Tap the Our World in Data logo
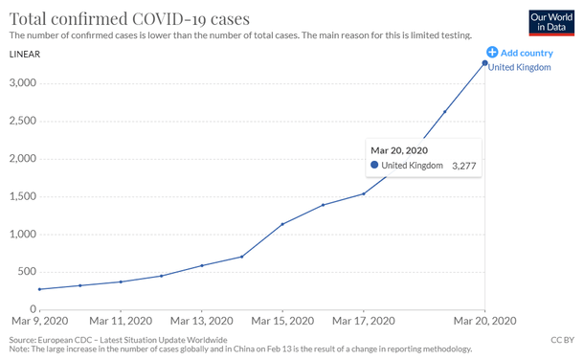coord(550,23)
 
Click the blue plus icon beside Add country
coord(492,53)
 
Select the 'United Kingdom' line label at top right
coord(520,67)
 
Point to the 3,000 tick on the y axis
coord(23,83)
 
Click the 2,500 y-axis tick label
coord(23,122)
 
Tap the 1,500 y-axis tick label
coord(23,197)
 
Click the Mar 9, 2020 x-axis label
coord(39,322)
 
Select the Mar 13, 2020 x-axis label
coord(201,322)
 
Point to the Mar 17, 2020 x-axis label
coord(363,322)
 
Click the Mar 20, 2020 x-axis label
coord(484,322)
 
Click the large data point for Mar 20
coord(484,63)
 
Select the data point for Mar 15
coord(282,224)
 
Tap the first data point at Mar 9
coord(39,289)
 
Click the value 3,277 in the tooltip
coord(463,167)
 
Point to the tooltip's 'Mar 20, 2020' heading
coord(398,150)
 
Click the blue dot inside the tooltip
coord(374,166)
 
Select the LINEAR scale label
coord(24,54)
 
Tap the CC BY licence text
coord(562,340)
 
